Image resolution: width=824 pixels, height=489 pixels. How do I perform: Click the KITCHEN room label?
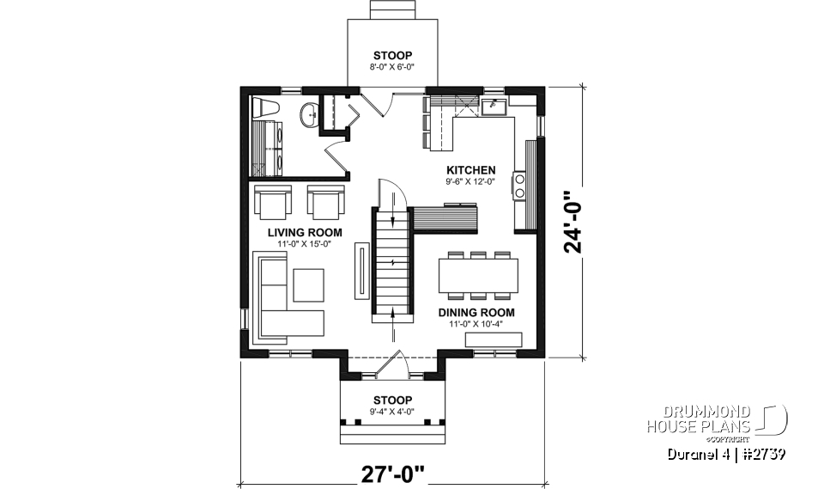pos(470,170)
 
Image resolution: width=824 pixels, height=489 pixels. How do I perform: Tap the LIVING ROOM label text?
pos(305,233)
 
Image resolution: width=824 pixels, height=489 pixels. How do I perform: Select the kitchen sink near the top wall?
pos(494,107)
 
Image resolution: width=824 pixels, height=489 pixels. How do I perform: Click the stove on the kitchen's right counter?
pos(519,186)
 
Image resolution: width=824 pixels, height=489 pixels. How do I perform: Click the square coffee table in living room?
pos(307,284)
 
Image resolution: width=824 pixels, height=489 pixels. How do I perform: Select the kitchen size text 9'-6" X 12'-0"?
pos(470,181)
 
